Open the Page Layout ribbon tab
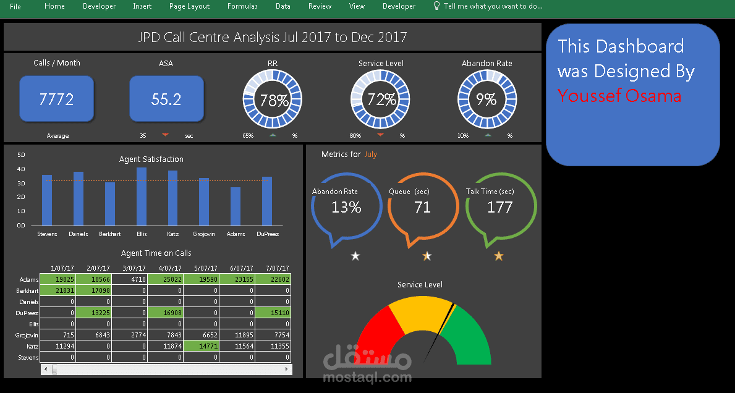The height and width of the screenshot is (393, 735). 189,6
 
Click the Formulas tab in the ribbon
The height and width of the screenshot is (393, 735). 242,6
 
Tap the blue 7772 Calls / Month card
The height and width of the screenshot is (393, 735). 57,99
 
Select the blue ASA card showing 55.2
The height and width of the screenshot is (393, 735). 166,99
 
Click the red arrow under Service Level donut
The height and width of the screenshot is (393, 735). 380,135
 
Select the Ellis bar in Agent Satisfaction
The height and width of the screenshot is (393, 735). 142,196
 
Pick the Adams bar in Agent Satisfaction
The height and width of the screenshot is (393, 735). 236,206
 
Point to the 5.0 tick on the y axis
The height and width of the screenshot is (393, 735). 21,154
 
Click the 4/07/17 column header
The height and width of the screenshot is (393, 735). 170,268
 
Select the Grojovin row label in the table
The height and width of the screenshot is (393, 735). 28,336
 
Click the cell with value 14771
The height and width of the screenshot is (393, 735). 202,346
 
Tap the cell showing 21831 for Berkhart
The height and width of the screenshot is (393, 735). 58,290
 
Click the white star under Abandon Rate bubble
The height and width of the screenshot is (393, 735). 355,256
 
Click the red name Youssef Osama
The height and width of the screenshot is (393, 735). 619,96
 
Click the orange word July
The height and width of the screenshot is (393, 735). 370,154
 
